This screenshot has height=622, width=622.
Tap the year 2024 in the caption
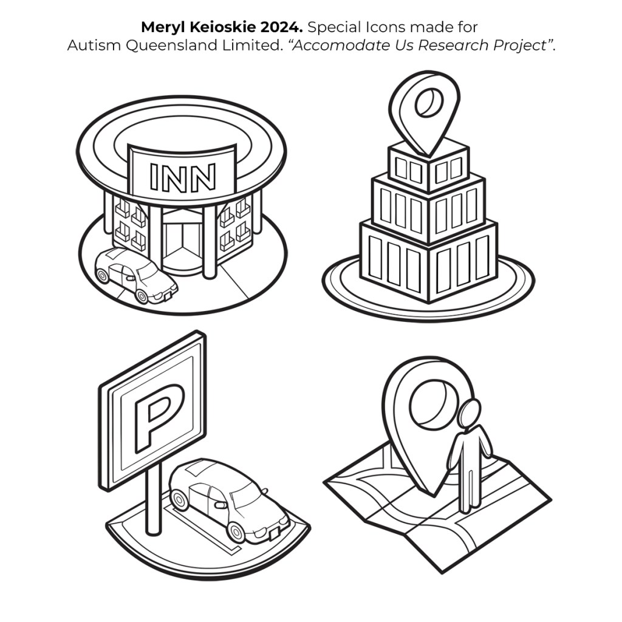tap(281, 27)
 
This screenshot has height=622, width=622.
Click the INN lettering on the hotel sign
tap(182, 177)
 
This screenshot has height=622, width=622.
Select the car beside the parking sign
tap(229, 501)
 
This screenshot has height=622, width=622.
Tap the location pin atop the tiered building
tap(425, 112)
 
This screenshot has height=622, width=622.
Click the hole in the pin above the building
tap(429, 103)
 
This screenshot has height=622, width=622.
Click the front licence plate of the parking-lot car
tap(275, 533)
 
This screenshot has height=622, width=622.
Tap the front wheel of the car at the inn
tap(142, 296)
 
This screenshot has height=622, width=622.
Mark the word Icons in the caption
tap(386, 27)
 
